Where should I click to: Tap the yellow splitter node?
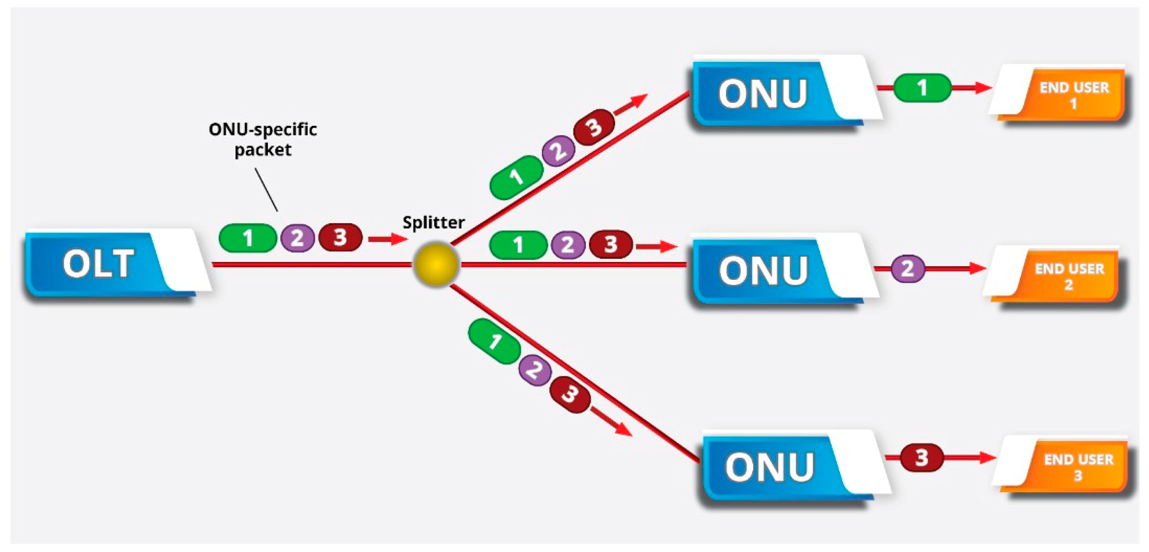pos(436,264)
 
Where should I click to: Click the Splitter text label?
pos(433,222)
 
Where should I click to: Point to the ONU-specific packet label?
pos(263,139)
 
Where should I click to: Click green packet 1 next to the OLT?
pos(247,238)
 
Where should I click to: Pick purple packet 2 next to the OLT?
pos(298,238)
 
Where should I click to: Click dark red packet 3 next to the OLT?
pos(340,237)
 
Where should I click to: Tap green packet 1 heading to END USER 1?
pos(922,87)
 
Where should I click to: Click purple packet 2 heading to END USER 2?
pos(908,268)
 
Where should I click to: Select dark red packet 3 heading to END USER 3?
pos(921,458)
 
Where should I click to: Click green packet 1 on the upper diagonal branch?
pos(516,177)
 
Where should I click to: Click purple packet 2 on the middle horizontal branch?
pos(567,245)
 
